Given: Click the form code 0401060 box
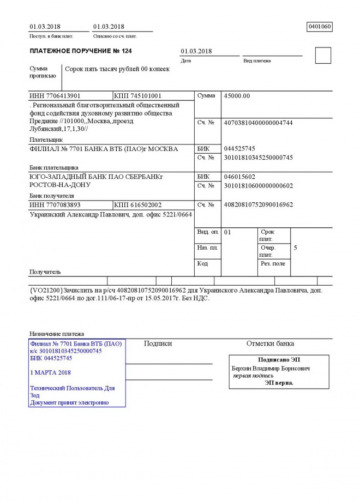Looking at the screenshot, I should (320, 27).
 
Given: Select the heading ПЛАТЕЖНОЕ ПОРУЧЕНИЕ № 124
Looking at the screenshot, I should (81, 51).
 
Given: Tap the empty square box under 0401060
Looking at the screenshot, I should (323, 56).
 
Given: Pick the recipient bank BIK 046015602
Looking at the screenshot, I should (239, 177).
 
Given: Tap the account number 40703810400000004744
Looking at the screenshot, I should (258, 123).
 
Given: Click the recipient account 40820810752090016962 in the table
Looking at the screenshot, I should (258, 204).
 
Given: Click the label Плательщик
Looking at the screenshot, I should (44, 140).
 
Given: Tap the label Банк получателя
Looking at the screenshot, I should (51, 196).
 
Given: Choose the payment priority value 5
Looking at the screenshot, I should (295, 248).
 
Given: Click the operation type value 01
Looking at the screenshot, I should (228, 232).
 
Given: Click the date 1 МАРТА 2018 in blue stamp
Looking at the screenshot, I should (51, 372).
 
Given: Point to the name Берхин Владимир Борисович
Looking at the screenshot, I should (271, 369).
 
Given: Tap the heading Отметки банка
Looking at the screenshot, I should (270, 343).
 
